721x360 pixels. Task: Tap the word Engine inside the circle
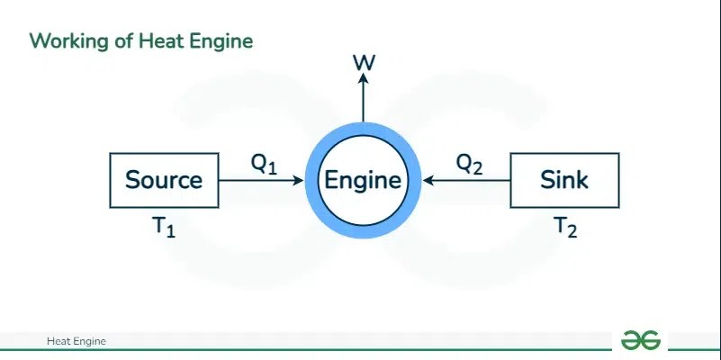tap(363, 180)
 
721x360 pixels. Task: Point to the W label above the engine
tap(364, 62)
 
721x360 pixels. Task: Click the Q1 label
tap(264, 164)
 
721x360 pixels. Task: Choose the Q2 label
tap(469, 164)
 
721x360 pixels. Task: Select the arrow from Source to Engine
tap(261, 181)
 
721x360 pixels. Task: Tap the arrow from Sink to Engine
tap(466, 181)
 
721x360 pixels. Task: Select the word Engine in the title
tap(220, 40)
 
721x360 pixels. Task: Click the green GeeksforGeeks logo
tap(640, 339)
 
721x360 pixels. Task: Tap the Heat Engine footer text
tap(77, 341)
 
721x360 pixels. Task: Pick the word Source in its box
tap(164, 180)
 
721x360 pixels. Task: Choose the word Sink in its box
tap(564, 180)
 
